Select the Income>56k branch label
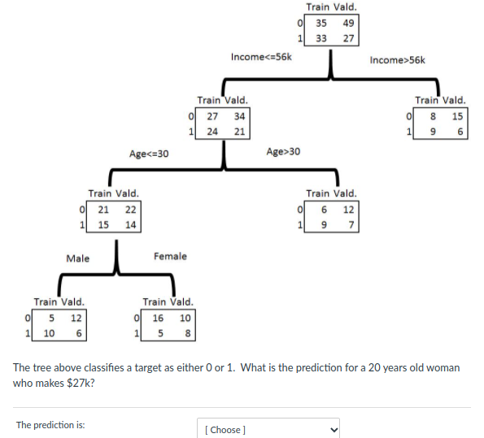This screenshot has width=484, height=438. click(397, 59)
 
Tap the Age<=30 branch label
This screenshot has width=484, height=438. click(149, 153)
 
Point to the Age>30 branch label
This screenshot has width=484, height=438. click(283, 152)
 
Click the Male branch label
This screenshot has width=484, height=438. click(78, 258)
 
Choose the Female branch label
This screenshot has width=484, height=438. click(170, 256)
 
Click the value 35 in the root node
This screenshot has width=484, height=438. click(321, 23)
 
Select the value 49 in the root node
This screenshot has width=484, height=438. click(348, 23)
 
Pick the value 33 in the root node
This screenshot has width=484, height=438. click(321, 38)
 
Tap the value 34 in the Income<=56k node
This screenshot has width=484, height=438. click(239, 116)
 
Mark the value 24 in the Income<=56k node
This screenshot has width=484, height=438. click(212, 132)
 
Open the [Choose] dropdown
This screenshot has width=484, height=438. click(268, 429)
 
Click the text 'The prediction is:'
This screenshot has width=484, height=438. click(50, 425)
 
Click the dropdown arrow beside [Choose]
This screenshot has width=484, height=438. click(332, 429)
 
